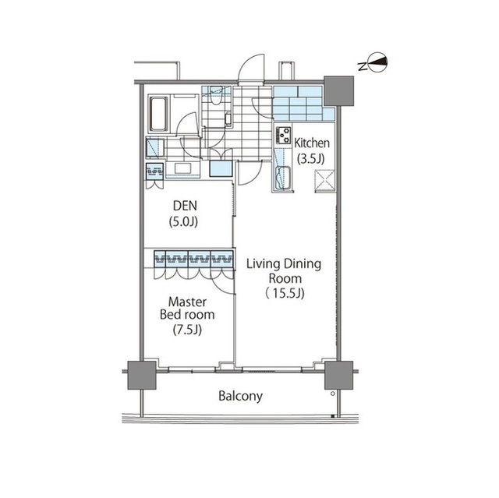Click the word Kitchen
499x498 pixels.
coord(313,143)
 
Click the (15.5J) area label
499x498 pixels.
coord(284,294)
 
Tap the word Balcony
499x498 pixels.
coord(240,396)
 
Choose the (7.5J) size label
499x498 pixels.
coord(187,329)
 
